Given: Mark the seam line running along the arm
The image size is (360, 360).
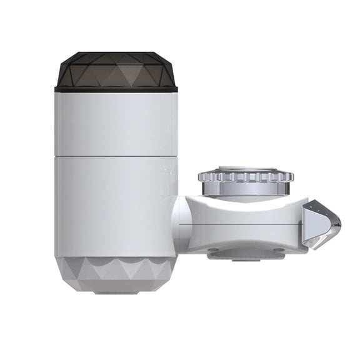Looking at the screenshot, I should [x=244, y=222].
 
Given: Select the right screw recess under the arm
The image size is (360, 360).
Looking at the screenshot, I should [x=277, y=251].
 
